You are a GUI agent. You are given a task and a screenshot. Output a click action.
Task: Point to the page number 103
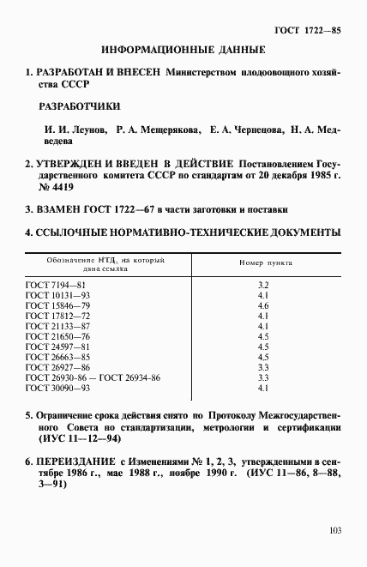coord(335,530)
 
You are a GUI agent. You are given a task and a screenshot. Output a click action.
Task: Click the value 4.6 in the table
coord(264,305)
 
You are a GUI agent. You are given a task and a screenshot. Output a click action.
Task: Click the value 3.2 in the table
coord(264,284)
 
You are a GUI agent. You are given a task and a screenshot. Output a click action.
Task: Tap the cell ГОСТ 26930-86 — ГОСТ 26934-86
coord(94,378)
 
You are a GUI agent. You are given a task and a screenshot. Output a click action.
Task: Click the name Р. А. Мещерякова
coord(155,130)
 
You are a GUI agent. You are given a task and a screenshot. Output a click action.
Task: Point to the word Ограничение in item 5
coord(68,413)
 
